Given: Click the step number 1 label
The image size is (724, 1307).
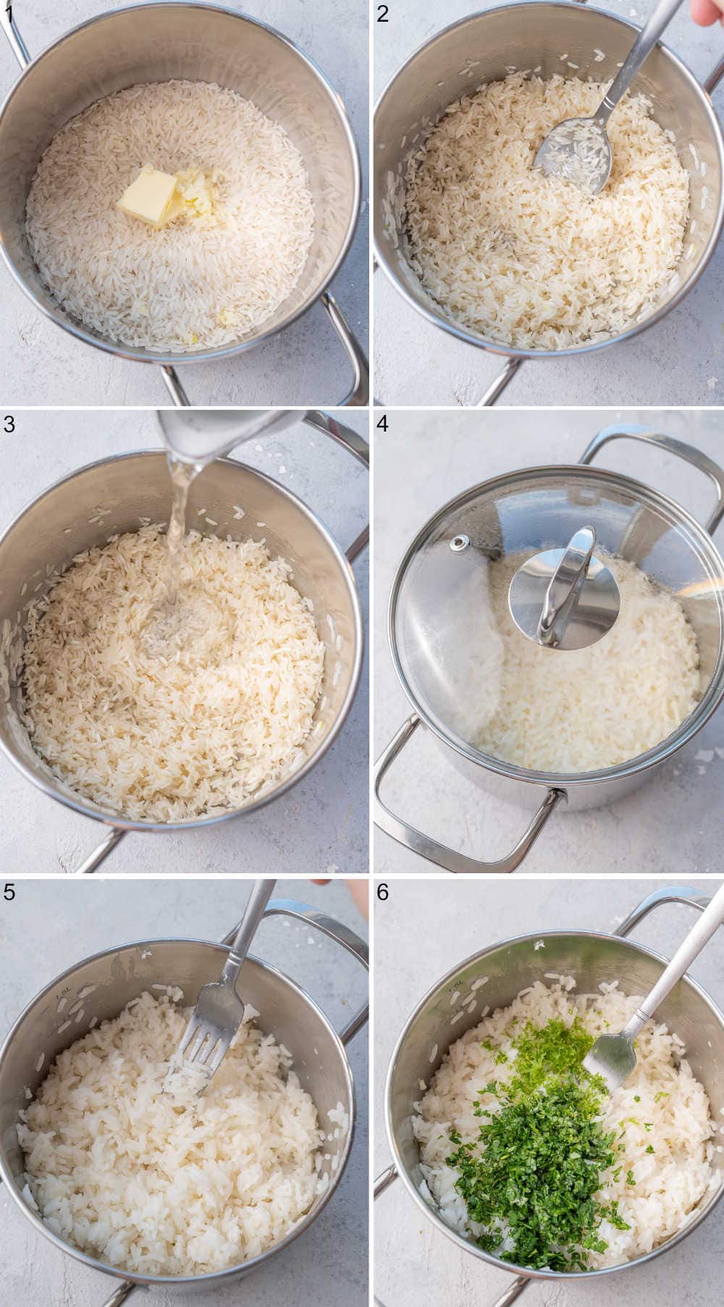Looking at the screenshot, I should click(8, 13).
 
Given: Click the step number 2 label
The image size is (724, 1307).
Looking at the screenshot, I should click(383, 13).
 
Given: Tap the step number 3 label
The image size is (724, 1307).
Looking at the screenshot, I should click(9, 424).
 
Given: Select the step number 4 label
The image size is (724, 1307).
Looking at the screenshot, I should click(383, 424).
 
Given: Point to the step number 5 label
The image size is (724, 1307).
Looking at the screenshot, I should click(9, 892).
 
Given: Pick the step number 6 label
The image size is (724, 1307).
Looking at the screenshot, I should click(383, 892).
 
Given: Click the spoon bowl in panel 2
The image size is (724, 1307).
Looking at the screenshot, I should click(573, 152).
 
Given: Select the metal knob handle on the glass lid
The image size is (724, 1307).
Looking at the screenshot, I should click(565, 587).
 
